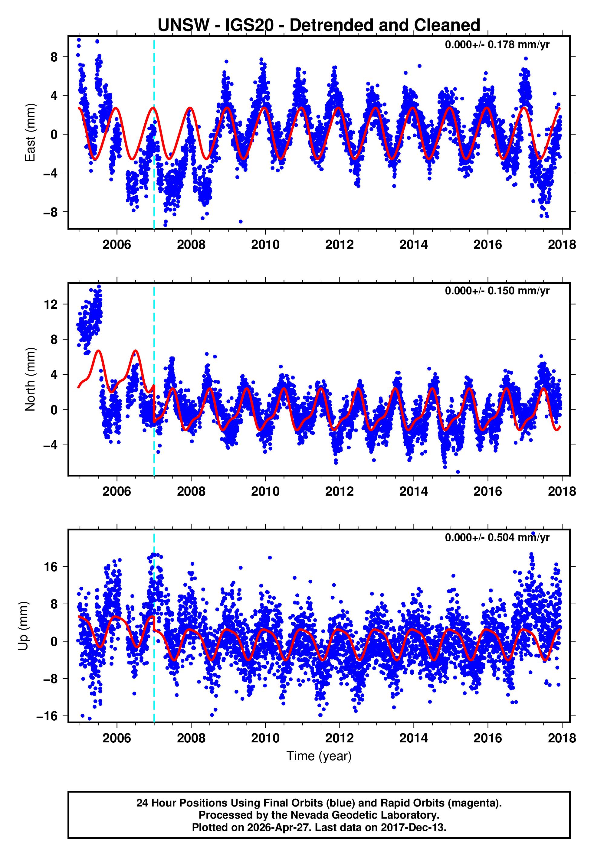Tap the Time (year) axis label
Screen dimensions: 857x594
(319, 756)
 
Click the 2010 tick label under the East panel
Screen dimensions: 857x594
(265, 245)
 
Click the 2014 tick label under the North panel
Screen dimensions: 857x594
(413, 491)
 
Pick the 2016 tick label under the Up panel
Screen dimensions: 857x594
(487, 738)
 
